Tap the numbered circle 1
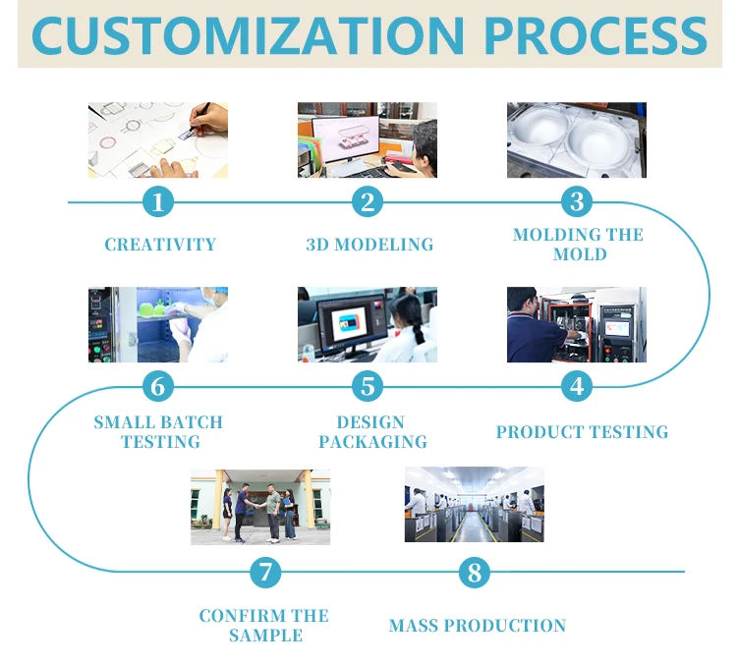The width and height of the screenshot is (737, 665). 158,202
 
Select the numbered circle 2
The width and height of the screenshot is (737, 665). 368,202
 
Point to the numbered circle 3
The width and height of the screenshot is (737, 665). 577,202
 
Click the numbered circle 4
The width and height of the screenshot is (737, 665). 577,386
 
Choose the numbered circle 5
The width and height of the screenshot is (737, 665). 368,386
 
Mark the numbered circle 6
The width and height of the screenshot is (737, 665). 158,386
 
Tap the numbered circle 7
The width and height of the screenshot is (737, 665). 265,572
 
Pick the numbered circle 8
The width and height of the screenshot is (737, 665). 475,572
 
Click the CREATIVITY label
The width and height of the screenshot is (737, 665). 160,245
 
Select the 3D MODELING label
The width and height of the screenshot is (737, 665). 369,245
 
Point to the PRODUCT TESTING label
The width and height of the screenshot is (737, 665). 582,432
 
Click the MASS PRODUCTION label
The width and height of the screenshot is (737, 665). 478,626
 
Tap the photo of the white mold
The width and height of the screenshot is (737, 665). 577,140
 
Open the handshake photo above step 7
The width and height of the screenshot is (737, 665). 260,507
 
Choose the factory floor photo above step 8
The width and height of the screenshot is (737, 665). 474,505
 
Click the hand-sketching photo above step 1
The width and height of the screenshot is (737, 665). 158,140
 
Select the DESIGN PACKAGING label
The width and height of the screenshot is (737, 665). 372,432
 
